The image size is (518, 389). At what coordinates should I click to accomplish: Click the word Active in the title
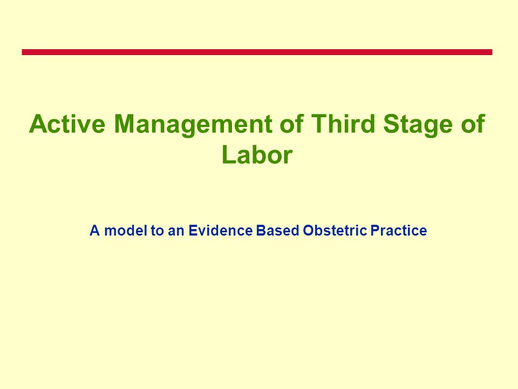(x=67, y=124)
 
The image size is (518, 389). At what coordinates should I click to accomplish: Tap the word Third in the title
(x=343, y=124)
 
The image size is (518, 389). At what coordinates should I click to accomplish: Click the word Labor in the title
(x=257, y=155)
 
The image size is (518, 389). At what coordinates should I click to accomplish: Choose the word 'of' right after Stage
(x=473, y=124)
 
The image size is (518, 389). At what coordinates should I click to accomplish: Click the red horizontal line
(x=257, y=52)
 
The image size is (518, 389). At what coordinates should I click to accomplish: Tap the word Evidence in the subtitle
(x=220, y=230)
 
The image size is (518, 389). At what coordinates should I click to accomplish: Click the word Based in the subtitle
(x=277, y=230)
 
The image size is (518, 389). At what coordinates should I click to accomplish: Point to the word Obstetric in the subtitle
(x=335, y=230)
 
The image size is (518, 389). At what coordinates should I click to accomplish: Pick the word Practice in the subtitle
(x=398, y=230)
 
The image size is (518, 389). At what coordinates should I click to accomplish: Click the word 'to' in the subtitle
(x=157, y=231)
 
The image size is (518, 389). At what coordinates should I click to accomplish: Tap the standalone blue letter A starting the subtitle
(x=95, y=230)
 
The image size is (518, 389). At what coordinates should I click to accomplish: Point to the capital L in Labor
(x=229, y=155)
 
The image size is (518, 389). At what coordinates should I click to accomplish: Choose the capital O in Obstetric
(x=308, y=230)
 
